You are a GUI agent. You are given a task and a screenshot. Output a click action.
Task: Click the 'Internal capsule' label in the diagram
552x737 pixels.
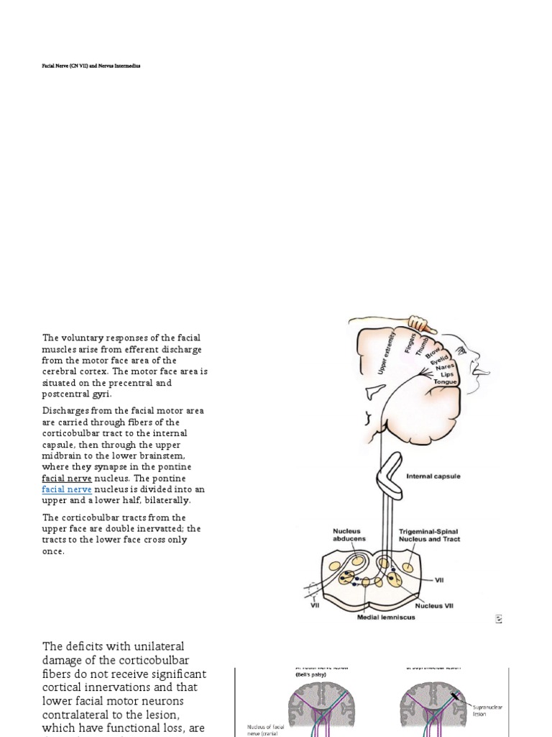coord(433,476)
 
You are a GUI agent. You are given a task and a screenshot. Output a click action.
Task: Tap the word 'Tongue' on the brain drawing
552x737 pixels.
coord(446,381)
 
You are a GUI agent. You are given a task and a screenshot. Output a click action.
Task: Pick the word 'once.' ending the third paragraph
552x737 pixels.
coord(54,551)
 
